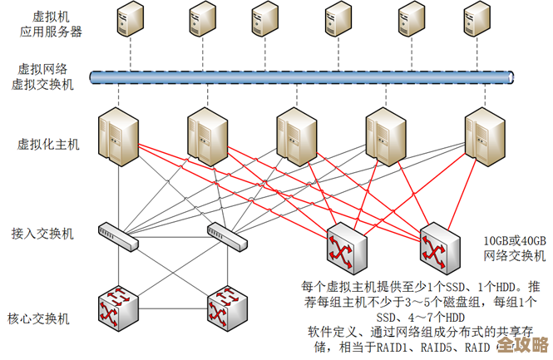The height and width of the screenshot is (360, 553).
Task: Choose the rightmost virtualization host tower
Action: pyautogui.click(x=480, y=135)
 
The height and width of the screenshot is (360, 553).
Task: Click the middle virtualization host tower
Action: pyautogui.click(x=295, y=135)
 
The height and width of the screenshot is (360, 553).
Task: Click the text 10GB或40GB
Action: pyautogui.click(x=515, y=240)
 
